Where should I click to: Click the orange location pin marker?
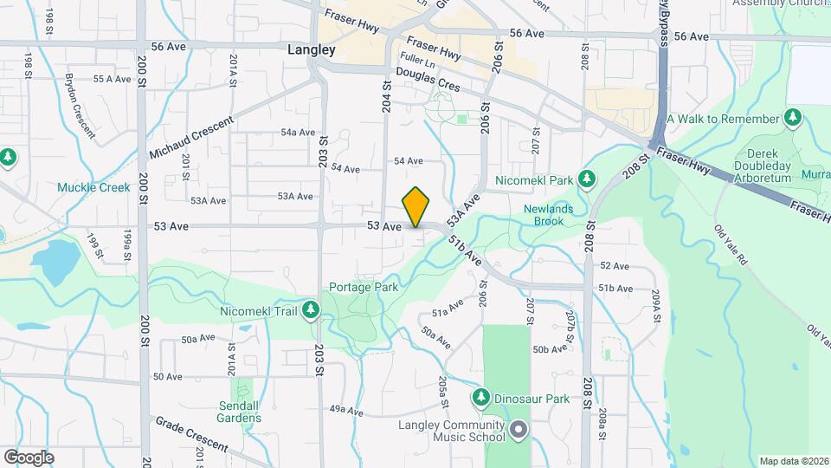point(416,207)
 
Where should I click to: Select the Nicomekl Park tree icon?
point(588,179)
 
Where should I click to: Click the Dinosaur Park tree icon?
point(482,398)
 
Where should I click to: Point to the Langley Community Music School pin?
point(519,429)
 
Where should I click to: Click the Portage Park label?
point(363,288)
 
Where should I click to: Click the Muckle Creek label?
point(93,187)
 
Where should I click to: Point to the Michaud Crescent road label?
point(191,138)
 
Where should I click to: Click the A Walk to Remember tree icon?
point(792,117)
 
